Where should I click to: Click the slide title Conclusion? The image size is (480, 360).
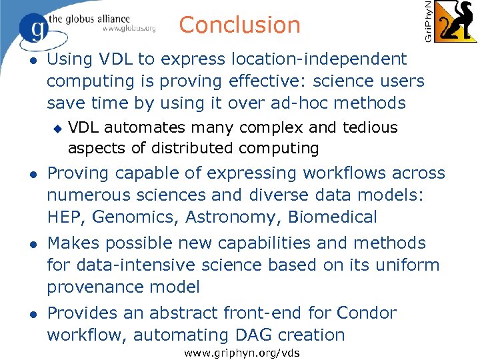pos(239,25)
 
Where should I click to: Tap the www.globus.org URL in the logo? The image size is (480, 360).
pos(129,29)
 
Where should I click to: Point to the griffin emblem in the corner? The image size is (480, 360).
pos(457,21)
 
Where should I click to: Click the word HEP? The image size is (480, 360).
pos(65,217)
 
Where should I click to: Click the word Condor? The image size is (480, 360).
pos(366,313)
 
